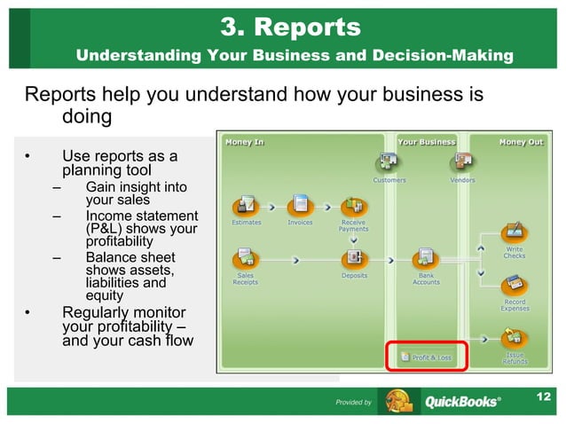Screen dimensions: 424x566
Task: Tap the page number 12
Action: pos(546,395)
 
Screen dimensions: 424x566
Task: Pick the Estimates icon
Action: pos(247,204)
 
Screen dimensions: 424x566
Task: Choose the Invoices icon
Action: pos(300,204)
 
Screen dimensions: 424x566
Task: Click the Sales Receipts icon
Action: pos(246,258)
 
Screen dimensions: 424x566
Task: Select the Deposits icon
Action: pos(354,258)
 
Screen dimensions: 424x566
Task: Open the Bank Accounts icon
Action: pos(426,258)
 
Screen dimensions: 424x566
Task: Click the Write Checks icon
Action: pos(515,233)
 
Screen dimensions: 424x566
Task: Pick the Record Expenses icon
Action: pos(515,286)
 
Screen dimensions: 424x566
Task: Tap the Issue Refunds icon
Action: pos(515,338)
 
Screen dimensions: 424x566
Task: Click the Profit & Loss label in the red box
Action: pos(431,357)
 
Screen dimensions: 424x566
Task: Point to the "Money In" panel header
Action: pos(245,141)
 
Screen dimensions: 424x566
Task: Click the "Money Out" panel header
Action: pos(520,141)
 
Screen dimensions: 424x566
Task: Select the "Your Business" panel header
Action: pos(426,141)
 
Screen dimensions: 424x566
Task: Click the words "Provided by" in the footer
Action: pos(353,403)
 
